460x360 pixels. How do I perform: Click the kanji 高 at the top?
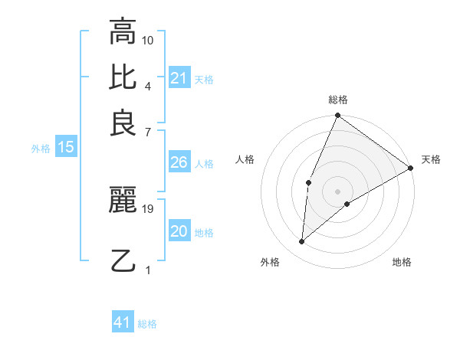click(123, 32)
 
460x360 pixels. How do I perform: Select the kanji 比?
click(123, 77)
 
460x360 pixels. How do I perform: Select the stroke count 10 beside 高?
click(148, 40)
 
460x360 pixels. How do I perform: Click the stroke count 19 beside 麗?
click(148, 208)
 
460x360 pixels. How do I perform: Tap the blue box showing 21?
click(179, 78)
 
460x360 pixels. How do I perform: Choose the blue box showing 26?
click(179, 162)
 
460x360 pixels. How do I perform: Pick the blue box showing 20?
click(179, 231)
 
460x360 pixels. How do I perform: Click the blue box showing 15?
click(65, 147)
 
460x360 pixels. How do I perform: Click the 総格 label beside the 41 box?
click(147, 324)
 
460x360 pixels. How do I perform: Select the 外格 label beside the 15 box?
click(41, 149)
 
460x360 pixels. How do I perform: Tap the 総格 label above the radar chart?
click(337, 100)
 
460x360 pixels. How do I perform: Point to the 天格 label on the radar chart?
click(431, 159)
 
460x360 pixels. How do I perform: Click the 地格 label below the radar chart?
click(402, 263)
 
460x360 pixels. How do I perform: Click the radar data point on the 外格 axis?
click(302, 242)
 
